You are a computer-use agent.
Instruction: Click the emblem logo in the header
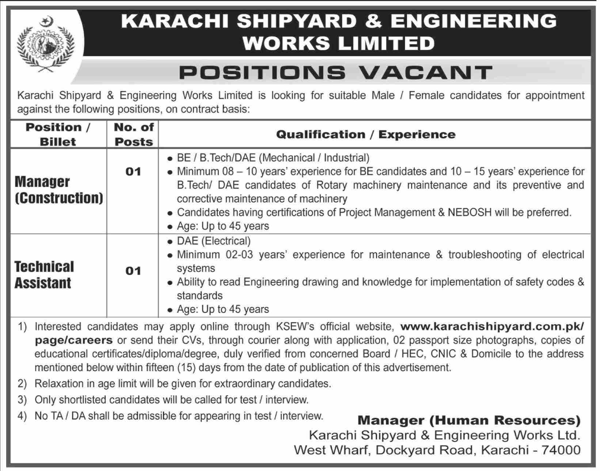pos(46,46)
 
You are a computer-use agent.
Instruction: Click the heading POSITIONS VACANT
pos(336,72)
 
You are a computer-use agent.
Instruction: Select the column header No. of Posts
pos(133,134)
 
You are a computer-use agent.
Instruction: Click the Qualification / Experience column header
pos(366,134)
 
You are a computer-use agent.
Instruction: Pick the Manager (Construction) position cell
pos(58,190)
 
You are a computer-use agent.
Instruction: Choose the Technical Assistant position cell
pos(44,275)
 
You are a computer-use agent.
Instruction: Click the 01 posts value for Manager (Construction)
pos(133,171)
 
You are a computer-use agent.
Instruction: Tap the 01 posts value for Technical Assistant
pos(133,271)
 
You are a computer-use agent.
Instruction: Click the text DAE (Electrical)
pos(214,241)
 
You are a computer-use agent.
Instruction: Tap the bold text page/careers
pos(74,340)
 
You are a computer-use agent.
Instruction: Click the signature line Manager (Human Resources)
pos(469,420)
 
